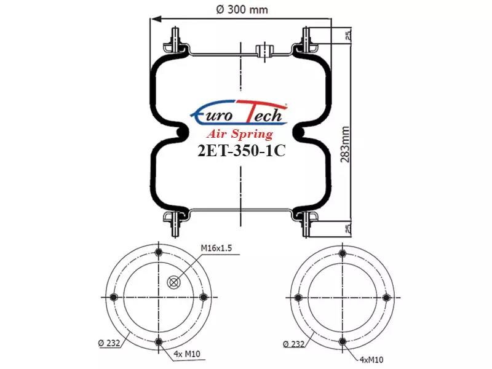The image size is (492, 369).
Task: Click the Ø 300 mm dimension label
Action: [242, 9]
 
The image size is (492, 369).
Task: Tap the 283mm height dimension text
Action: [345, 145]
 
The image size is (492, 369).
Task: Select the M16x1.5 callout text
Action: [216, 248]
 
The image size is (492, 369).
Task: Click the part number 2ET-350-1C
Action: [241, 151]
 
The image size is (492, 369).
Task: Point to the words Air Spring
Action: [240, 134]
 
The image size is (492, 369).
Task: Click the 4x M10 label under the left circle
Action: [187, 354]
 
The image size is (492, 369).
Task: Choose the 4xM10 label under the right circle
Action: [371, 360]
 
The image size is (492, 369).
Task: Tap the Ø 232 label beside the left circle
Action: [109, 343]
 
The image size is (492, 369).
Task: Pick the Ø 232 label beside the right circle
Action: [294, 344]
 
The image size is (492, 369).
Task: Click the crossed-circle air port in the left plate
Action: [173, 282]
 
